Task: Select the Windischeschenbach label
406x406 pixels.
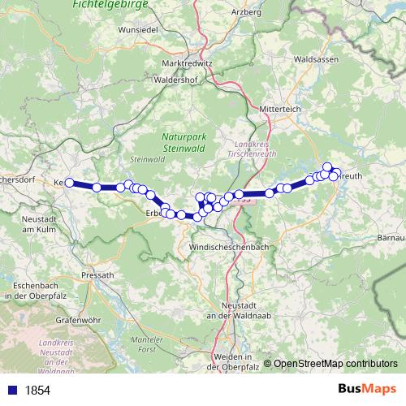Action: coord(228,246)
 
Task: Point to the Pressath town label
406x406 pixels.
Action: coord(98,275)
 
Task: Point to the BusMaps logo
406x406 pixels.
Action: coord(363,389)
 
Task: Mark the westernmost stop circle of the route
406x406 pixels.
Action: coord(70,183)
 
